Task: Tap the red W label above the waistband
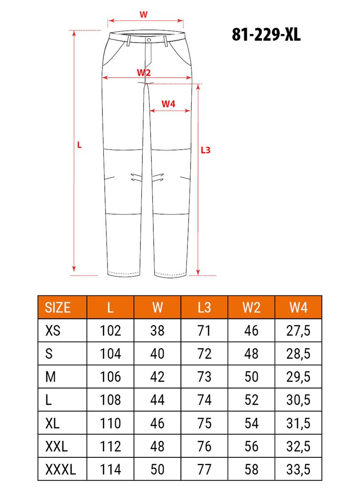pyautogui.click(x=143, y=14)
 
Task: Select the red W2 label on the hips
pyautogui.click(x=144, y=72)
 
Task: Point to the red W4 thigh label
pyautogui.click(x=169, y=104)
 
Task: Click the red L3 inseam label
pyautogui.click(x=206, y=150)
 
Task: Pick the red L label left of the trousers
pyautogui.click(x=79, y=144)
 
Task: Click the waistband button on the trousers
pyautogui.click(x=149, y=40)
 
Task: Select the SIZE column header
pyautogui.click(x=58, y=307)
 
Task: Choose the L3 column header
pyautogui.click(x=204, y=307)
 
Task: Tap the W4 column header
pyautogui.click(x=298, y=307)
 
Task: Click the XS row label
pyautogui.click(x=53, y=330)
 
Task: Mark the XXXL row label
pyautogui.click(x=61, y=469)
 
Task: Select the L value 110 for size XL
pyautogui.click(x=110, y=423)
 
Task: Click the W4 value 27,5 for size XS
pyautogui.click(x=298, y=330)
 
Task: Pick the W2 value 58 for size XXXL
pyautogui.click(x=251, y=469)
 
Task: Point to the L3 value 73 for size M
pyautogui.click(x=204, y=377)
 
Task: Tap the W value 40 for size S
pyautogui.click(x=157, y=354)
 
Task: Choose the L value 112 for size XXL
pyautogui.click(x=110, y=446)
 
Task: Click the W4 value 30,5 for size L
pyautogui.click(x=298, y=400)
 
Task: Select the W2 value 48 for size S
pyautogui.click(x=251, y=354)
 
